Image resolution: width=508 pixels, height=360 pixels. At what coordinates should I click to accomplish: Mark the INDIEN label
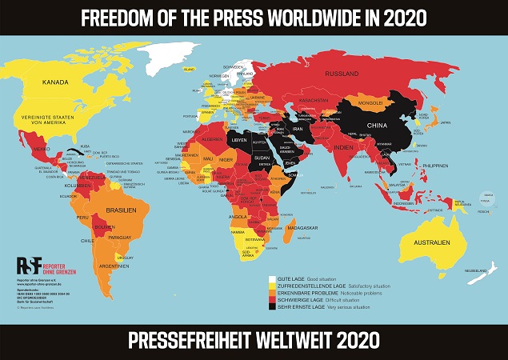(343, 148)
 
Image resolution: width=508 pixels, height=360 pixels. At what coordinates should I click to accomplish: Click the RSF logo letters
(29, 266)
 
